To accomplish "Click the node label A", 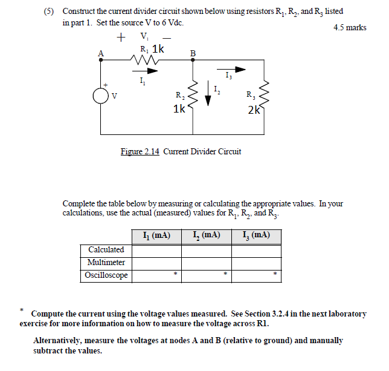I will (101, 53).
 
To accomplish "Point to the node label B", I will (193, 53).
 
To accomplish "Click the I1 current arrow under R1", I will (150, 71).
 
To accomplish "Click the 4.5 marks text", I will (350, 27).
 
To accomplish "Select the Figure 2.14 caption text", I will (181, 152).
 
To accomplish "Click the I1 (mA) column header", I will (156, 235).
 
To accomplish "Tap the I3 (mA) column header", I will (256, 235).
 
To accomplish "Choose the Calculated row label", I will (106, 249).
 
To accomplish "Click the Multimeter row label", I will (106, 262).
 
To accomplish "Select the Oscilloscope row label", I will (106, 275).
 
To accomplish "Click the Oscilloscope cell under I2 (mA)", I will (206, 275).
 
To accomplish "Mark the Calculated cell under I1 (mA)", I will (156, 249).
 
